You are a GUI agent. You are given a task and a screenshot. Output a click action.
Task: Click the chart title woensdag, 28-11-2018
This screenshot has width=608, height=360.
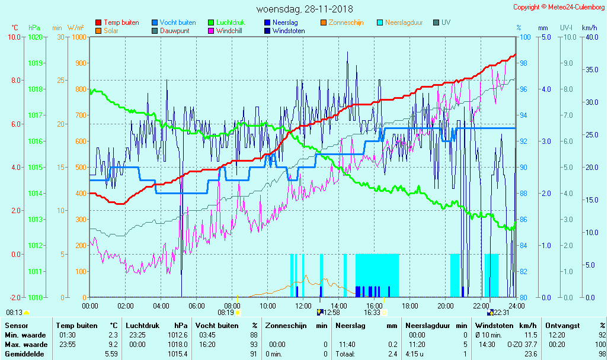point(304,9)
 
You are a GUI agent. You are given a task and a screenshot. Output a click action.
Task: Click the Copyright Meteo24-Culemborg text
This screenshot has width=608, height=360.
point(559,7)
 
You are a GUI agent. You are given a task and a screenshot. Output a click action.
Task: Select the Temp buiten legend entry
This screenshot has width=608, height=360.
point(121,22)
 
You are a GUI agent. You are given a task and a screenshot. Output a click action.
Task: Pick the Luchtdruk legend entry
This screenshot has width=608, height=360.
point(231,22)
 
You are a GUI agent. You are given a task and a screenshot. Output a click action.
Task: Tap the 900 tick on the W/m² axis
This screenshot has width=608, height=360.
point(81,63)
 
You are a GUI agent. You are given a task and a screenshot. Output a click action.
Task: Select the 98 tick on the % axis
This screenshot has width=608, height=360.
point(524,63)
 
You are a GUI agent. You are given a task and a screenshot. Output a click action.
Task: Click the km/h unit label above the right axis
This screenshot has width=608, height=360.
point(589,28)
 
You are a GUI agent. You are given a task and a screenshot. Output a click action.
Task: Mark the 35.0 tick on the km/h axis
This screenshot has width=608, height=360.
point(590,69)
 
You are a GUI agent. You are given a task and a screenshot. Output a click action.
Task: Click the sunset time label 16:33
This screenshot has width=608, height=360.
point(372,313)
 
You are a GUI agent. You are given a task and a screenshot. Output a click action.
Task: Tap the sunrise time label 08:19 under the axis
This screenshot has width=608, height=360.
point(225,313)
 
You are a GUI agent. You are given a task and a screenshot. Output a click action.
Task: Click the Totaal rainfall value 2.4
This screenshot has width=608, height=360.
point(392,354)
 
